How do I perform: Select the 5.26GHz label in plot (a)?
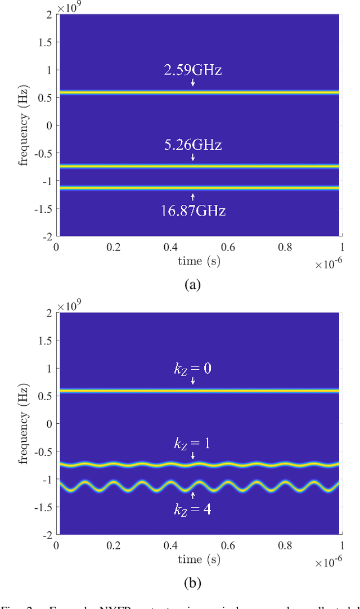point(192,145)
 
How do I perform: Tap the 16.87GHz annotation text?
point(192,211)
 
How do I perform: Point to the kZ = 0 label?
point(192,370)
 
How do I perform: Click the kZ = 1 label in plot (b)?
point(192,443)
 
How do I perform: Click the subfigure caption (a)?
point(192,284)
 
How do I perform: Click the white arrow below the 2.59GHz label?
point(192,83)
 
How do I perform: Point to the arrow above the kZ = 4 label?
point(192,495)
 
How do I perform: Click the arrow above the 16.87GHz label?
point(192,197)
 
